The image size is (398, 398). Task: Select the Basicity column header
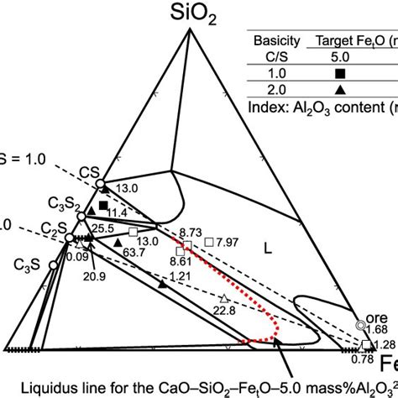pos(279,39)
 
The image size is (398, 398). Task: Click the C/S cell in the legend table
pos(279,57)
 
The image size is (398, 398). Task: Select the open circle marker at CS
pos(99,181)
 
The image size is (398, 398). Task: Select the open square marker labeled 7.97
pos(210,242)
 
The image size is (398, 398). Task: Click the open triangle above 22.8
pos(224,299)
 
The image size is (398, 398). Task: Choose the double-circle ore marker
pos(361,323)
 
